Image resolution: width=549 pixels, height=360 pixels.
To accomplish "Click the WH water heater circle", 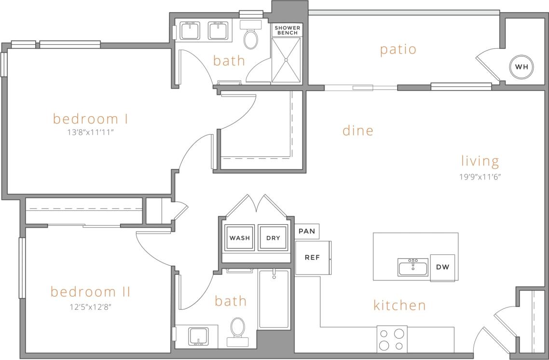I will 521,67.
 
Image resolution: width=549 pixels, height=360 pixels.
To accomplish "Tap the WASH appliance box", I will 239,237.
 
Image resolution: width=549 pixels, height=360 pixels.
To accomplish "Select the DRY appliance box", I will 273,237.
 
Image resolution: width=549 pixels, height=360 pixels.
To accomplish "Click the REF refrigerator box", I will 312,258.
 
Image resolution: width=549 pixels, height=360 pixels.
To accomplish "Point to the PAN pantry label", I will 307,232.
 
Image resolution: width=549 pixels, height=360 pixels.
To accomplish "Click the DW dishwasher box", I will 443,267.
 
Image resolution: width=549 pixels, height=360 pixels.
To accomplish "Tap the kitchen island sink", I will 412,267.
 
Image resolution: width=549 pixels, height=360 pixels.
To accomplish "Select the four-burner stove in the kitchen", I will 392,339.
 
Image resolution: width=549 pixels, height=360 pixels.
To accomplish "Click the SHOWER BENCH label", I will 287,30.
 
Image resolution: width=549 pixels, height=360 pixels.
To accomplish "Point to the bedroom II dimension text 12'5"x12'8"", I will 91,306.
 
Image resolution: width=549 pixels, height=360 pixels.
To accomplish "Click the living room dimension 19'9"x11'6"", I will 480,177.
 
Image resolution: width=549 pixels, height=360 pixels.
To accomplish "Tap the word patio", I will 398,49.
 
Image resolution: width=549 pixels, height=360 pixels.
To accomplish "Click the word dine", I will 358,130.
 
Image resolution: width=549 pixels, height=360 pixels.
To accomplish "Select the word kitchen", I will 399,305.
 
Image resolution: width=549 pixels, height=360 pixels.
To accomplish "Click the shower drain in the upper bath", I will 286,60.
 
